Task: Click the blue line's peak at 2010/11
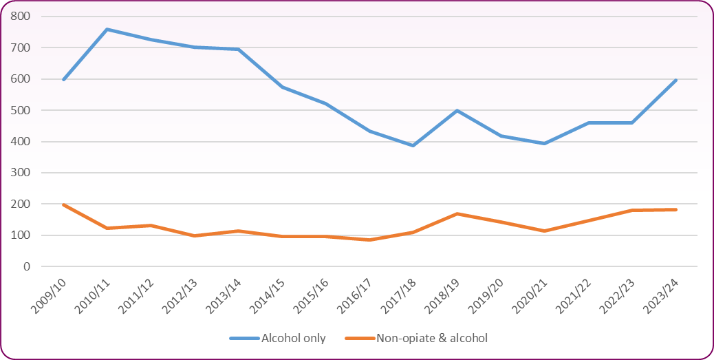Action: pos(107,30)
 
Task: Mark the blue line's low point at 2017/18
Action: pos(413,145)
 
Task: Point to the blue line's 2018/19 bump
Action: pos(457,110)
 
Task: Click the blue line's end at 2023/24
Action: pos(676,80)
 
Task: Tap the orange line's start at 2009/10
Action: pos(63,204)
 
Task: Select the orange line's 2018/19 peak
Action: pos(457,213)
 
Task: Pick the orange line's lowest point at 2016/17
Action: pos(370,240)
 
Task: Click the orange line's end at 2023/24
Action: pos(676,209)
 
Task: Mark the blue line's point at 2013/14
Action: pos(239,49)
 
